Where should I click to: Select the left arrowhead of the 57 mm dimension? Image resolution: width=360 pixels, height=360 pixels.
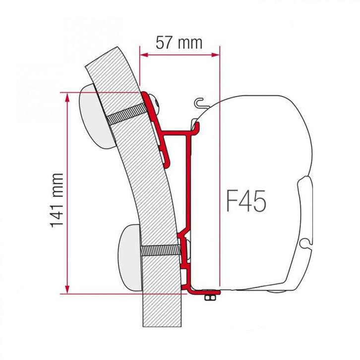144,55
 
